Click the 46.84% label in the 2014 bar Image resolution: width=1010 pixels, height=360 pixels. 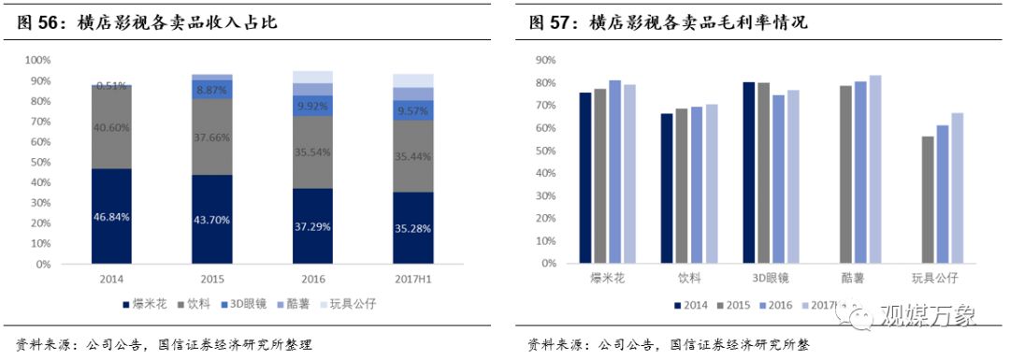[x=111, y=216]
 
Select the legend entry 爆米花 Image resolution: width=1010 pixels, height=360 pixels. [x=148, y=304]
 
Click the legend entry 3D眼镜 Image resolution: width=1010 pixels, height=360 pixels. [x=245, y=304]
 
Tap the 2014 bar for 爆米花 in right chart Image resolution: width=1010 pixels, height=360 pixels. [x=585, y=179]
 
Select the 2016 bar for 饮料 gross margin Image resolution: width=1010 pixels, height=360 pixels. [x=695, y=185]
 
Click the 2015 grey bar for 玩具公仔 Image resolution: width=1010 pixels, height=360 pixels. [x=927, y=200]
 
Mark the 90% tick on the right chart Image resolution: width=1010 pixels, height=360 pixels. [x=546, y=60]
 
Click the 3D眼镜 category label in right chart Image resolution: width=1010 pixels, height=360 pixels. [x=771, y=279]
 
